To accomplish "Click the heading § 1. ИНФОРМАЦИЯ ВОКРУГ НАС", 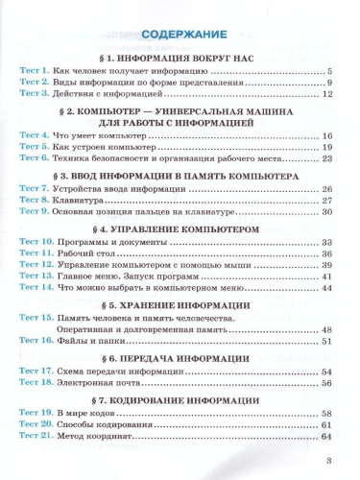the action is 180,55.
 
